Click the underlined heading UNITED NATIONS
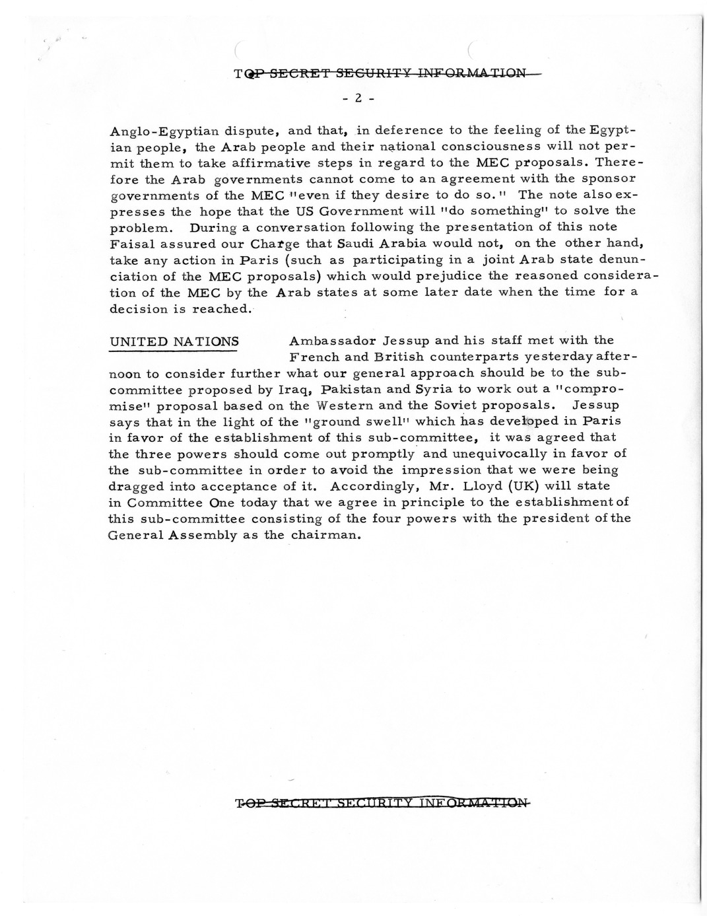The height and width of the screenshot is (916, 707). pos(174,341)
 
